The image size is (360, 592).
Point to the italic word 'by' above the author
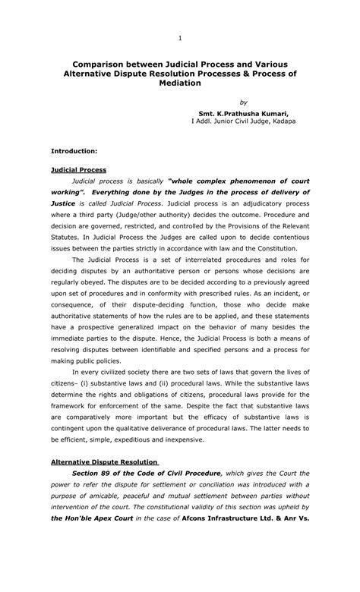(x=243, y=102)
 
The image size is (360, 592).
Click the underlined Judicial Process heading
(x=78, y=170)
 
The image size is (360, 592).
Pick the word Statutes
(x=68, y=237)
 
